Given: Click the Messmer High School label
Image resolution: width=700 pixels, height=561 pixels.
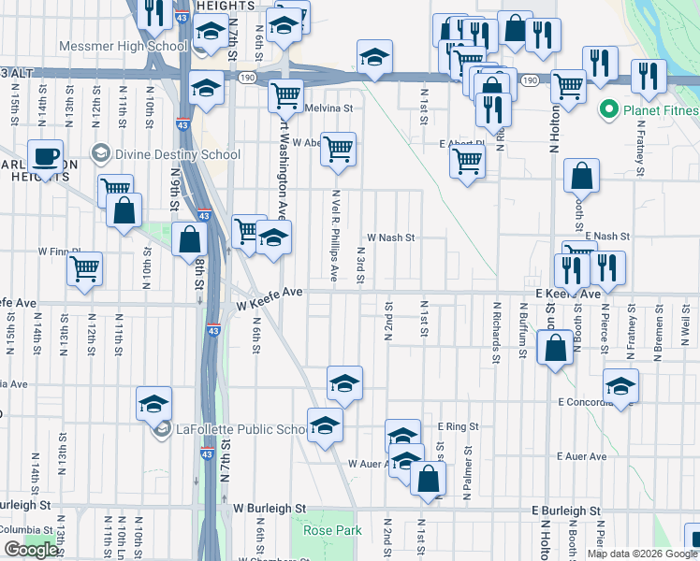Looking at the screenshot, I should [x=122, y=45].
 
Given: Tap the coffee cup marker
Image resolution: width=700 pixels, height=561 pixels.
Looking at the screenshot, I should [x=44, y=157].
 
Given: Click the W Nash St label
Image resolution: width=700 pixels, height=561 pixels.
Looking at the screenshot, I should [x=390, y=237].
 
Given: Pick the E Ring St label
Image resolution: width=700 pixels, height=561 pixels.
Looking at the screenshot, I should [x=458, y=426].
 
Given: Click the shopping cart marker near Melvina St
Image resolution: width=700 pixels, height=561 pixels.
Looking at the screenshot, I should [x=285, y=94].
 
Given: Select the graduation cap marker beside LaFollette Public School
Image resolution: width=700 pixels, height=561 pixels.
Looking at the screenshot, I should [x=154, y=403].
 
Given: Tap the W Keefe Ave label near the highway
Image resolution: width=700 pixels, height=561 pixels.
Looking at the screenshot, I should [x=270, y=293].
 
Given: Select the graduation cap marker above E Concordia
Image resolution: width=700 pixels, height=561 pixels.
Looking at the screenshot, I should [x=621, y=384].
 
